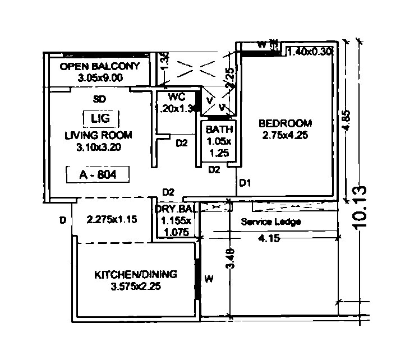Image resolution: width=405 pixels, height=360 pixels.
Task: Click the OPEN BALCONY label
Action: [x=99, y=66]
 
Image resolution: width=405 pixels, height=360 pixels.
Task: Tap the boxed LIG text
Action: [x=101, y=118]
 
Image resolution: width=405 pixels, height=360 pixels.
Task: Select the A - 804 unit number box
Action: [x=98, y=174]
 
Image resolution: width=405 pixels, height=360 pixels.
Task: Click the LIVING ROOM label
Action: [x=98, y=135]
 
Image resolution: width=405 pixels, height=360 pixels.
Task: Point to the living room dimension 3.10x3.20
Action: [x=99, y=147]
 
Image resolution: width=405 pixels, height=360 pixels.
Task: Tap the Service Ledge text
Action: [x=271, y=222]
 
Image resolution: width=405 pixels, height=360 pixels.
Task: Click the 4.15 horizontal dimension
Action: [x=269, y=238]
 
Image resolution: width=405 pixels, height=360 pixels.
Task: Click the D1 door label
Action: [x=245, y=183]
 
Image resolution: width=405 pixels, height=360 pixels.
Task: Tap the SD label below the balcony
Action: [x=99, y=99]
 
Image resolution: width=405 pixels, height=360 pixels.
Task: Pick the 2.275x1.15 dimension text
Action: [x=112, y=220]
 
